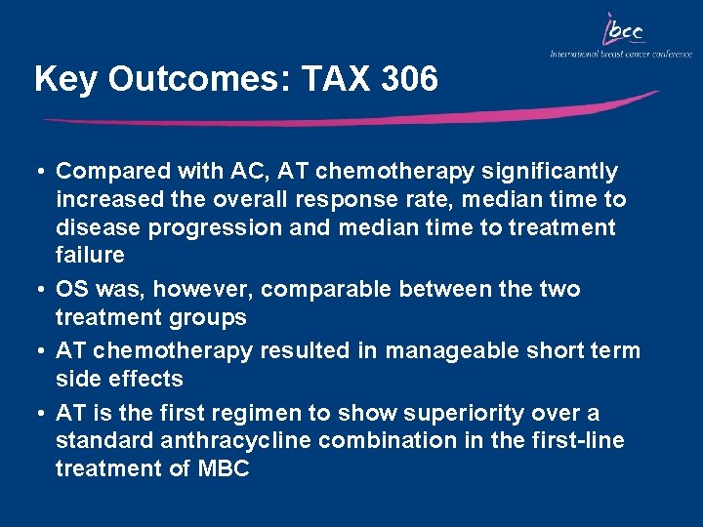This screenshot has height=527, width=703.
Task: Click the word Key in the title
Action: click(x=66, y=80)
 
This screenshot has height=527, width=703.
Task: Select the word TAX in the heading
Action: click(x=319, y=79)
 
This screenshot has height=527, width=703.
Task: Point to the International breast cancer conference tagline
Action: click(x=620, y=54)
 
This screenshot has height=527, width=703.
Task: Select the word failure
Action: click(x=90, y=256)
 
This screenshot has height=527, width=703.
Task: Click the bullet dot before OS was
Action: click(x=44, y=290)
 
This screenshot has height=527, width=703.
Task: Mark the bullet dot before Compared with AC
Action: click(x=44, y=172)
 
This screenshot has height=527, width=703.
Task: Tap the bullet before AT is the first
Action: click(x=44, y=413)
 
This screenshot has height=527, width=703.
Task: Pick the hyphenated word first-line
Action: click(x=575, y=441)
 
